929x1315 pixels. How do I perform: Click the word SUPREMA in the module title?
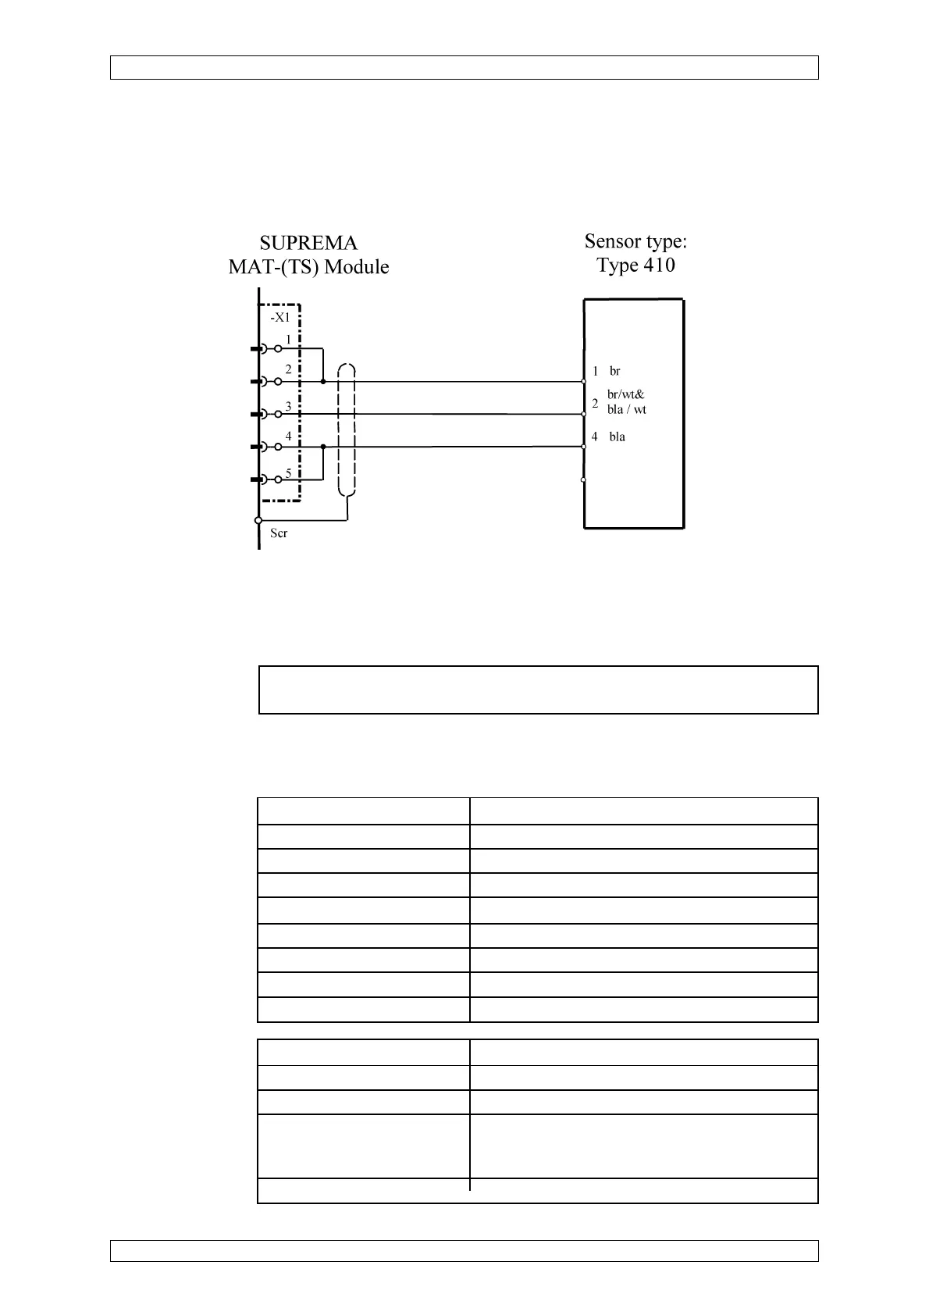pos(308,244)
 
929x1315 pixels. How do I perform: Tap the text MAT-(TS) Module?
pos(308,267)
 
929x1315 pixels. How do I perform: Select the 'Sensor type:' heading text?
pos(635,241)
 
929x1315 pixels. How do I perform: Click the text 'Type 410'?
pos(635,265)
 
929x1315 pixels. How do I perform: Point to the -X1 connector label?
pos(279,318)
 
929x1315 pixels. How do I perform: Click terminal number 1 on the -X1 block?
pos(288,340)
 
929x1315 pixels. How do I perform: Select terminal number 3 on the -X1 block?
pos(288,406)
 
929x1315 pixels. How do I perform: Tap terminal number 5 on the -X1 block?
pos(288,472)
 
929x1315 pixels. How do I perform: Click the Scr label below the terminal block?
pos(279,533)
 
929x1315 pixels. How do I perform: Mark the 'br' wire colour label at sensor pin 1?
pos(615,371)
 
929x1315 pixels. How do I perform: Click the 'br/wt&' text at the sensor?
pos(626,394)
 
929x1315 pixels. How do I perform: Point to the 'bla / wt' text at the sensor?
pos(627,409)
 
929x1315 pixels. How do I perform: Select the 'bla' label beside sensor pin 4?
pos(617,437)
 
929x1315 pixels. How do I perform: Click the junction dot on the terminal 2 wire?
pos(322,382)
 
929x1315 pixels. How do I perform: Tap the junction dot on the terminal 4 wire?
pos(322,447)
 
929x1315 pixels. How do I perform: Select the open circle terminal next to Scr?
pos(258,521)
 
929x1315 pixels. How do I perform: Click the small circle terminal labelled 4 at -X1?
pos(278,447)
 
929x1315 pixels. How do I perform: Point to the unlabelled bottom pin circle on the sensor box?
pos(584,479)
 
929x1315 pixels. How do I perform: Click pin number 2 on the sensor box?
pos(595,404)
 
